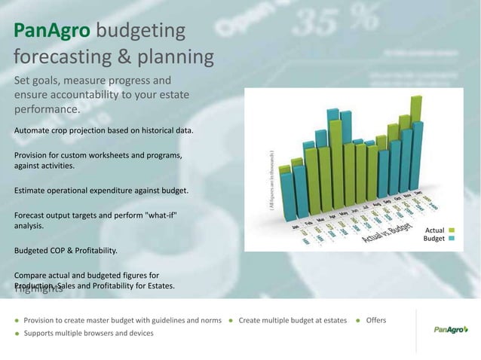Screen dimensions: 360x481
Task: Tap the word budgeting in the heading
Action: click(x=141, y=32)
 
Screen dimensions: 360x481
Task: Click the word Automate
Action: click(x=33, y=131)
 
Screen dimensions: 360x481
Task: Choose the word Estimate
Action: click(x=32, y=191)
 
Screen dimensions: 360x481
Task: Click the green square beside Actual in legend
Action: click(x=452, y=230)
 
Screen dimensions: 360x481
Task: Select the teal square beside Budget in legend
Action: click(x=452, y=239)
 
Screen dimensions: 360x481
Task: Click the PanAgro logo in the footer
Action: click(x=450, y=329)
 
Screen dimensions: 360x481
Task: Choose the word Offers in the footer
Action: click(x=375, y=320)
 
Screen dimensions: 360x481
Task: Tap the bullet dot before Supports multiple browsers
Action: click(x=17, y=333)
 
